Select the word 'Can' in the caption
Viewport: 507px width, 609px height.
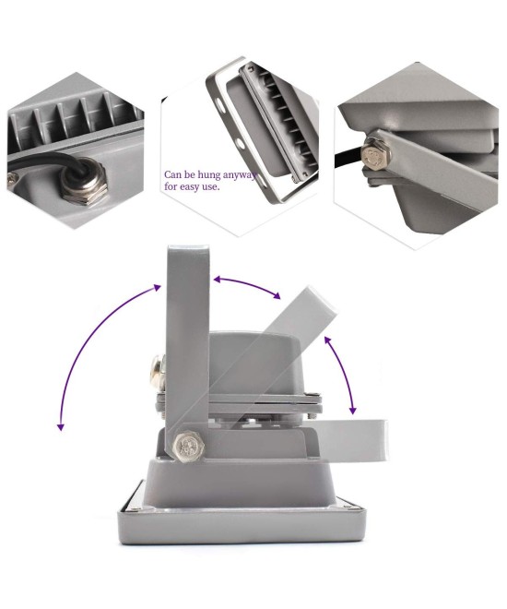[x=172, y=173]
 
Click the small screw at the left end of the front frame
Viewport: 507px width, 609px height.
[x=136, y=504]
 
